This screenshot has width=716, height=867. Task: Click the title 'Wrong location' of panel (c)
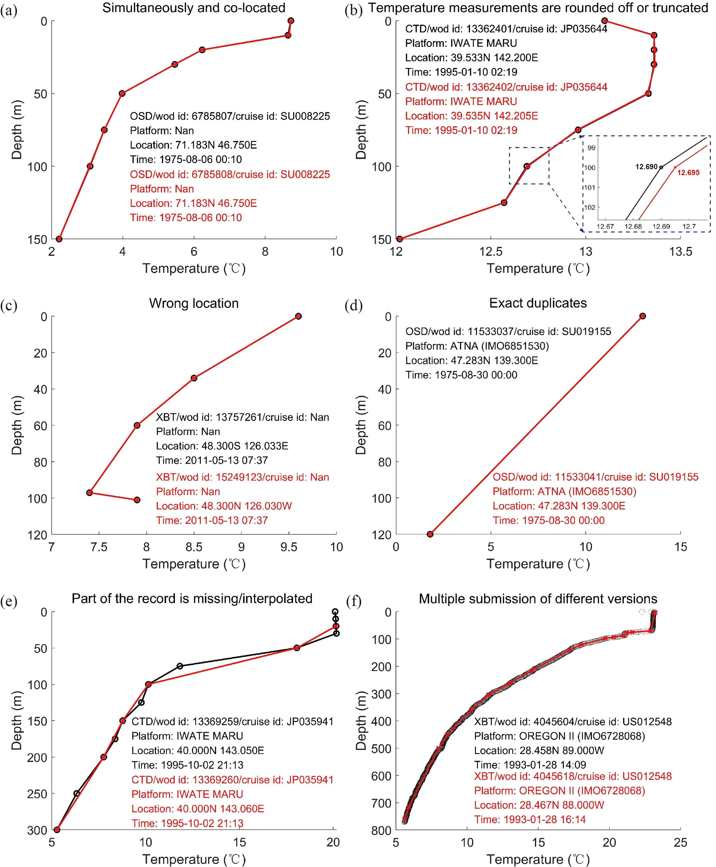point(194,303)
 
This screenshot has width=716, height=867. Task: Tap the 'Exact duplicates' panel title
point(538,303)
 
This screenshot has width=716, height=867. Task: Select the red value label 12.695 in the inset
point(688,173)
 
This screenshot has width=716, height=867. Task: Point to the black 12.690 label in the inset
point(646,167)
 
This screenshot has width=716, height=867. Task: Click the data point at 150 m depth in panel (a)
point(59,239)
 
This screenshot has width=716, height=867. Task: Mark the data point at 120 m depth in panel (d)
point(430,534)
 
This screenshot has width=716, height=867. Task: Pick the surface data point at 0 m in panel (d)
point(642,316)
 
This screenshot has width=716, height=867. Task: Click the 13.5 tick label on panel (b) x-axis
point(681,251)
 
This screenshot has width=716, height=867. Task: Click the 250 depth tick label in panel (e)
point(37,793)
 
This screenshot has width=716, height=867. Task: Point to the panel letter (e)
point(9,602)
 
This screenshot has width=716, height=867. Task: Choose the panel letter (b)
point(353,10)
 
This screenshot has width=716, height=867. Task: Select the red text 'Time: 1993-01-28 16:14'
point(530,819)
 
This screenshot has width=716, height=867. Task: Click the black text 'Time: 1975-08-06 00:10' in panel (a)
point(186,160)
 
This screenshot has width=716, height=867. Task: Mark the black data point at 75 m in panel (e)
point(180,666)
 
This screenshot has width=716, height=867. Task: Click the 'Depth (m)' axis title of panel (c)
point(17,425)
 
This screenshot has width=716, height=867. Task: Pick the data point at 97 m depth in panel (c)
point(89,492)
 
